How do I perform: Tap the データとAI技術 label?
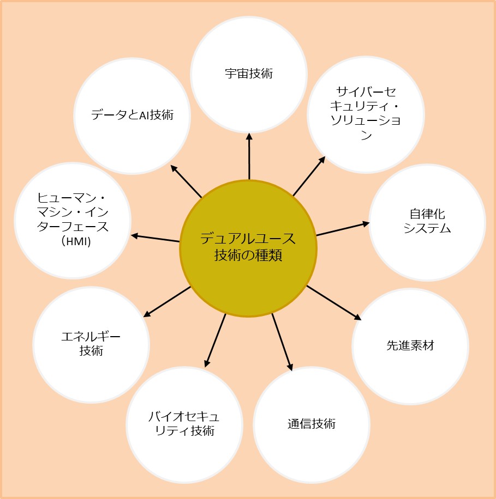coord(132,115)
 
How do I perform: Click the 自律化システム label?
coord(427,221)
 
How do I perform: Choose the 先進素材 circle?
coord(410,345)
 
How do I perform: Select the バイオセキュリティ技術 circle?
coord(184,425)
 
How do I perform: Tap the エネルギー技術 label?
coord(91,344)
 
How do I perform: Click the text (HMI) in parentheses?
coord(73,241)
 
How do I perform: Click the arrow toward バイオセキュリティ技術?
coord(216,340)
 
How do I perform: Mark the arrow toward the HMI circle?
coord(156,238)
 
